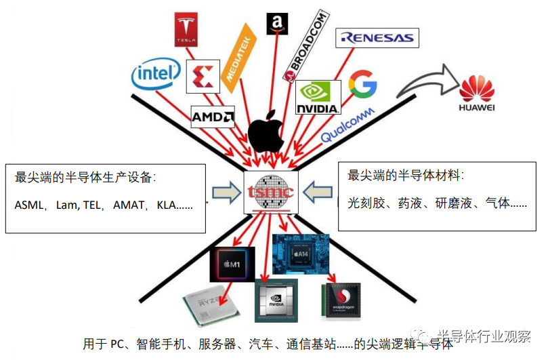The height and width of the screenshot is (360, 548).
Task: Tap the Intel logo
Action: (156, 76)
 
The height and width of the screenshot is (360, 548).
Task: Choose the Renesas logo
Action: (377, 38)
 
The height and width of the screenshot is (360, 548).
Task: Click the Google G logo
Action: (362, 83)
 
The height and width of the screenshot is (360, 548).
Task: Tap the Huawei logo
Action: (477, 94)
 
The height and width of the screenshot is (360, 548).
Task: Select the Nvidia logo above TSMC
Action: (318, 98)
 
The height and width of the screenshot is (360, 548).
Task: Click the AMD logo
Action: (213, 117)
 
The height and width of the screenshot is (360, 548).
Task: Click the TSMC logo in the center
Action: (270, 192)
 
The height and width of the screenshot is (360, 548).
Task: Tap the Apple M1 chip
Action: (233, 263)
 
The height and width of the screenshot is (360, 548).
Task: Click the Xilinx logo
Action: (203, 75)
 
